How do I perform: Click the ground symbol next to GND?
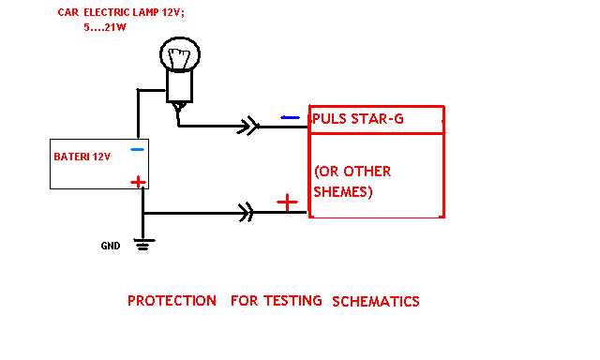(143, 244)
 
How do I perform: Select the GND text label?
(111, 246)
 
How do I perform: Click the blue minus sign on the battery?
(138, 150)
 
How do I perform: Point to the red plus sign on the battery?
(138, 182)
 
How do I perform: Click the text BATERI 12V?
(82, 157)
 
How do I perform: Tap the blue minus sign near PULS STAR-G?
(290, 117)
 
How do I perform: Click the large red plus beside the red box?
(288, 202)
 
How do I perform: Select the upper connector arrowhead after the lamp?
(248, 126)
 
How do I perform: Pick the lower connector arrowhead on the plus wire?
(246, 212)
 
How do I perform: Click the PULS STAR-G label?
(358, 119)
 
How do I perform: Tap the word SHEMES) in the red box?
(343, 191)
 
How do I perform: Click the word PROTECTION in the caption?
(172, 301)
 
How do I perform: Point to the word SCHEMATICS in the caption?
(376, 302)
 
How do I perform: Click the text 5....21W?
(105, 27)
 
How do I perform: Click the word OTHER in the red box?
(367, 172)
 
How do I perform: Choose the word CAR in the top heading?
(68, 12)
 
